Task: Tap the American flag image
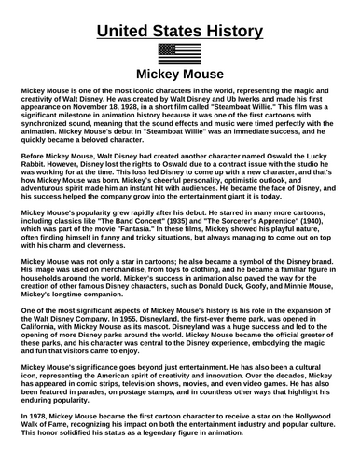179,52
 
